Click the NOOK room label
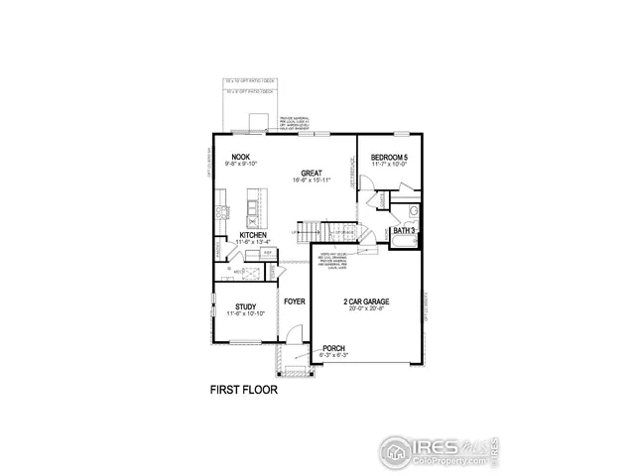[x=240, y=157]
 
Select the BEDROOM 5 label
[x=389, y=158]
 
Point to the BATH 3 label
[x=404, y=230]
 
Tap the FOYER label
[x=294, y=300]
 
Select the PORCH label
[x=333, y=348]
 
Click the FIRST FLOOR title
[x=244, y=390]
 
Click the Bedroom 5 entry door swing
[x=366, y=185]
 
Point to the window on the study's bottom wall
[x=244, y=343]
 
